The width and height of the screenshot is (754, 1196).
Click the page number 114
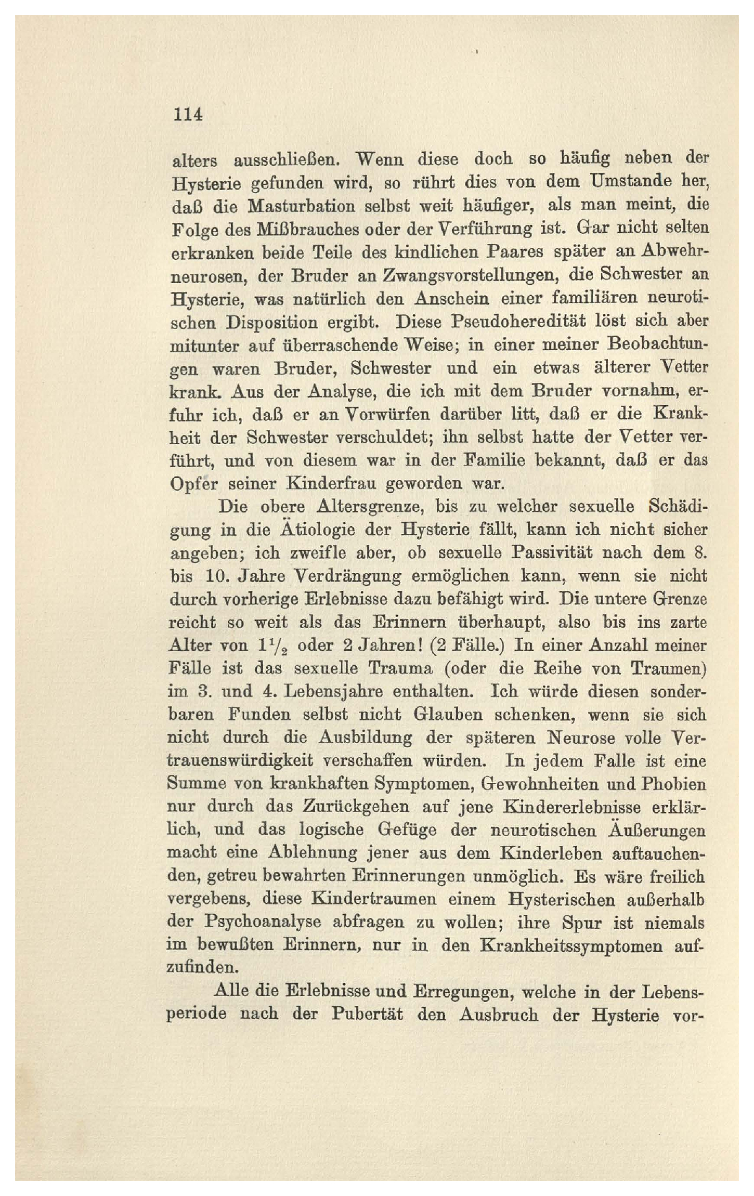[x=186, y=115]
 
